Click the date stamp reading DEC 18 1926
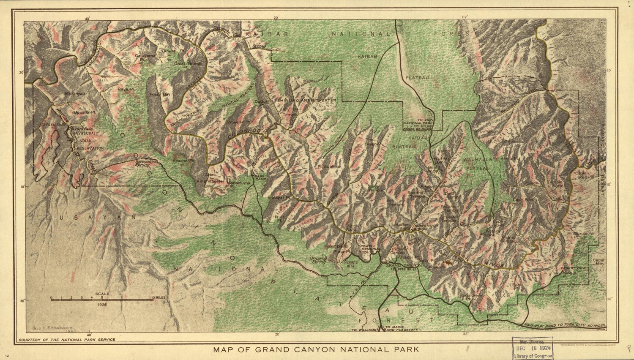pyautogui.click(x=532, y=348)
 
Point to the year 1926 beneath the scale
pyautogui.click(x=102, y=304)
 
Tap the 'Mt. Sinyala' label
pyautogui.click(x=75, y=93)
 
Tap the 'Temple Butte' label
pyautogui.click(x=555, y=184)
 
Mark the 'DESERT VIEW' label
pyautogui.click(x=573, y=268)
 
